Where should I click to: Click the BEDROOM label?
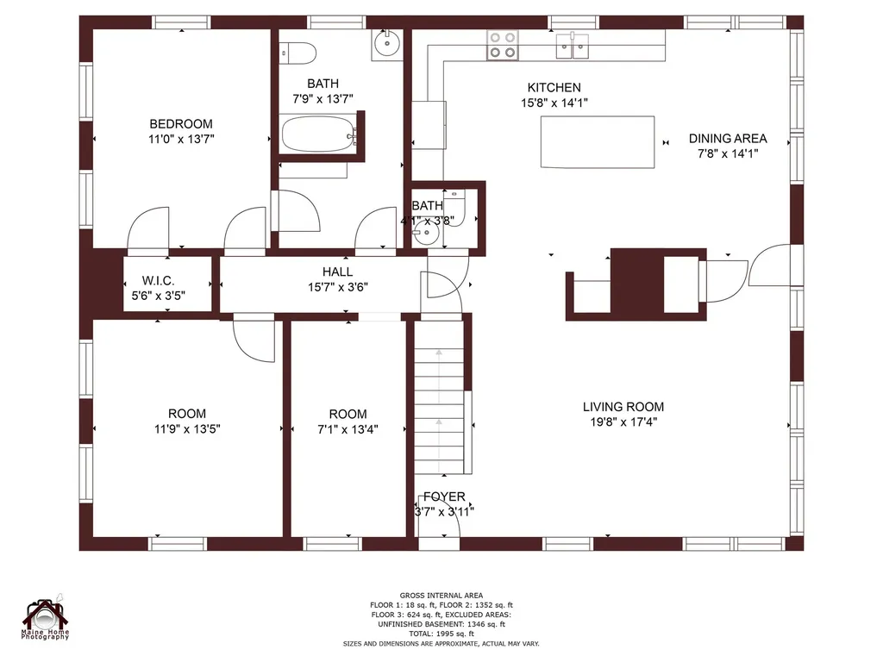point(181,124)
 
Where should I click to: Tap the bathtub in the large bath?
point(319,134)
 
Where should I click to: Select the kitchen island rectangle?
point(598,142)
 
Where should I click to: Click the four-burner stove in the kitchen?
point(503,45)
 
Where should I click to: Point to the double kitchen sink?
point(573,46)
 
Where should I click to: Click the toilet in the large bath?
point(297,53)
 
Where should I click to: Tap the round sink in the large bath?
point(387,44)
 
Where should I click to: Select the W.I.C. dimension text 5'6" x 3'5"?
point(159,296)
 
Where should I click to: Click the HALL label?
point(338,272)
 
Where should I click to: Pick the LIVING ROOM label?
point(623,407)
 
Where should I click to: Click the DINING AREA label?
point(728,139)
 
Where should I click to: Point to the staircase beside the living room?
point(439,397)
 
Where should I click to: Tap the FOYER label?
point(444,496)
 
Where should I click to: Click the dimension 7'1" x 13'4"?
point(348,429)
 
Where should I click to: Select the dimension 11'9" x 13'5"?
point(187,429)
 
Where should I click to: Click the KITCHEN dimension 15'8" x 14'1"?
point(554,103)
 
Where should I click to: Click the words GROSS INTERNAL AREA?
point(441,596)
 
